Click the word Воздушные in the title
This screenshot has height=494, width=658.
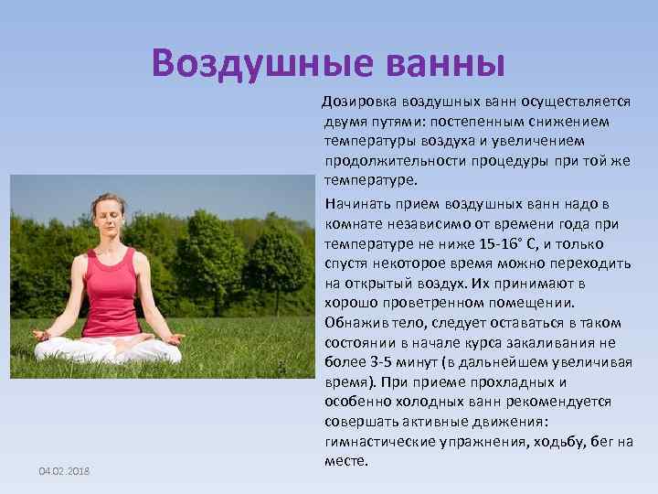pos(249,63)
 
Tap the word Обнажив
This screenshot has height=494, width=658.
pos(355,323)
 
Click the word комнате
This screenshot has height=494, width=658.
pos(354,224)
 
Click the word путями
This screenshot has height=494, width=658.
pos(387,122)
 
